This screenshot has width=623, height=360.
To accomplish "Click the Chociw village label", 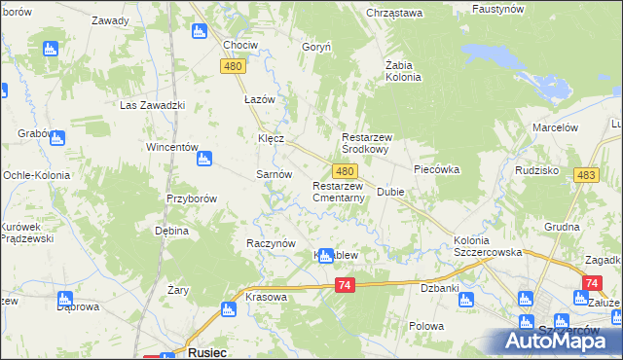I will coord(240,46).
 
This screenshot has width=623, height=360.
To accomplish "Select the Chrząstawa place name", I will coord(394,13).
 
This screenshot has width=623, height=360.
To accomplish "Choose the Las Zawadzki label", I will coord(152,105).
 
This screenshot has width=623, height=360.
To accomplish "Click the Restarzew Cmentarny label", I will coord(339,192).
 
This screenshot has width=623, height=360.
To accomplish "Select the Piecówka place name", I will coord(436,169).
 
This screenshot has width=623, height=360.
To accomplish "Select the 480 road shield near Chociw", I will coord(232,66).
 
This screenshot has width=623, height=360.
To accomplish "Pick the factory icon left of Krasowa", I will coord(228,309).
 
